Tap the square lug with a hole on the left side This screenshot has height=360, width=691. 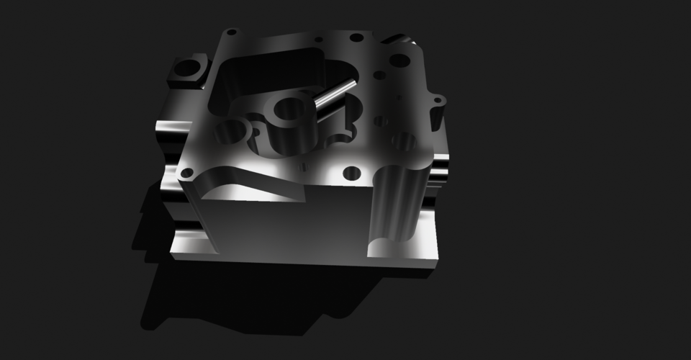click(x=187, y=71)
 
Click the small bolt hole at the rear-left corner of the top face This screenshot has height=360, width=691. click(x=231, y=32)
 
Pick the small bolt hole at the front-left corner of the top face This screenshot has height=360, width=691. click(x=187, y=173)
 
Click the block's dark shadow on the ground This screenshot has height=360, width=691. click(x=216, y=302)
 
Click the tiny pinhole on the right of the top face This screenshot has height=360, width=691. click(x=398, y=94)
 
